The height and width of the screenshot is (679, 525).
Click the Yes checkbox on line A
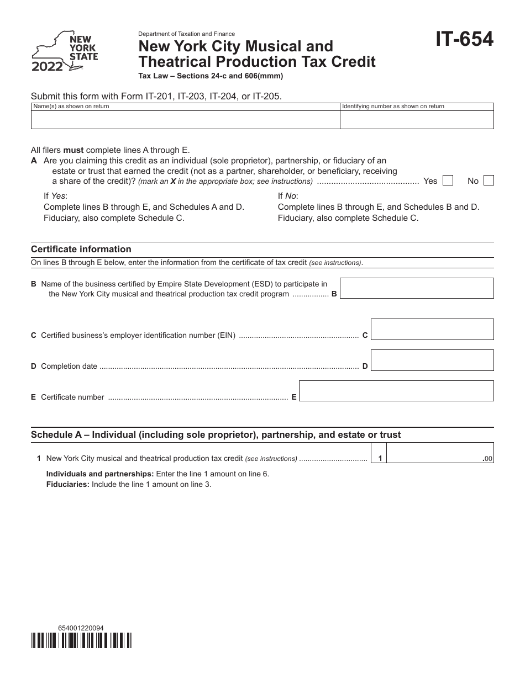[x=448, y=181]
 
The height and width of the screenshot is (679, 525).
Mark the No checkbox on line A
[x=489, y=181]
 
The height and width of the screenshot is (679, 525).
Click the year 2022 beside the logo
[x=47, y=67]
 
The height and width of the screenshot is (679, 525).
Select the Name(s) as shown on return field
[x=185, y=119]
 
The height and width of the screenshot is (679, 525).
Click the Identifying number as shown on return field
[x=417, y=119]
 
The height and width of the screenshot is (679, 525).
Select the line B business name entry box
[x=417, y=288]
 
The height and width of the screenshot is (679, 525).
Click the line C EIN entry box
[x=432, y=329]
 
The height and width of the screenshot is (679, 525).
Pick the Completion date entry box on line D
[x=432, y=360]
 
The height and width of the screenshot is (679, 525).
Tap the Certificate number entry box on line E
[x=396, y=391]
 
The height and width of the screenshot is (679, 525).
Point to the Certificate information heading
[x=81, y=249]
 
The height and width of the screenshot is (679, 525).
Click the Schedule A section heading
[x=216, y=434]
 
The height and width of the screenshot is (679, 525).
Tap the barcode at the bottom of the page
[x=81, y=640]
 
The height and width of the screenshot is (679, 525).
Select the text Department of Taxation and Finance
[x=186, y=34]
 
